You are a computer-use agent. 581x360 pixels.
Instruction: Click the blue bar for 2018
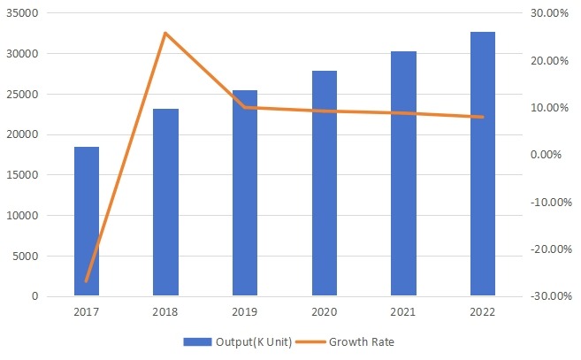[165, 203]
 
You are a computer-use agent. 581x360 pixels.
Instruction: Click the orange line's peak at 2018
[165, 33]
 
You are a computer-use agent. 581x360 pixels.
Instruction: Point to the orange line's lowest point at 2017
[86, 281]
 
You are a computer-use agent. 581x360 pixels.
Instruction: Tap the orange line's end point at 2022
[483, 117]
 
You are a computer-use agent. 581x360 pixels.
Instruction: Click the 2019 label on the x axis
[245, 311]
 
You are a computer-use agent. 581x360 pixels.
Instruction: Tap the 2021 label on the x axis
[403, 311]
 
